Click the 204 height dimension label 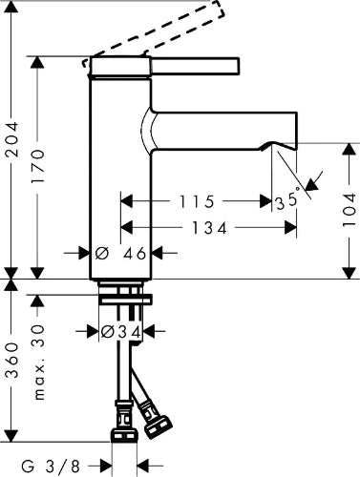(x=12, y=139)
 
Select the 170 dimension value (x=38, y=166)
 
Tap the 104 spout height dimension (x=349, y=210)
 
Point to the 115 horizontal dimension (x=197, y=202)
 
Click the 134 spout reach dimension (x=209, y=228)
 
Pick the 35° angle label (x=287, y=199)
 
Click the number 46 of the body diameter (x=135, y=254)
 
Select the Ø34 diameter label (x=120, y=332)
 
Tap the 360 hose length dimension (x=12, y=361)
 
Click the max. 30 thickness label (x=39, y=362)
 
